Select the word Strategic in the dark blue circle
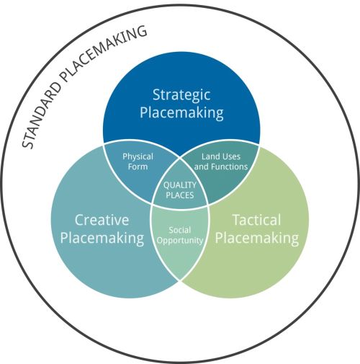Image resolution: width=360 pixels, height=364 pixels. pos(181,94)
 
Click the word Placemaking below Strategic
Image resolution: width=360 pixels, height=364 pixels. pos(181,113)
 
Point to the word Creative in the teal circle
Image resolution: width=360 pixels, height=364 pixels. pos(102,219)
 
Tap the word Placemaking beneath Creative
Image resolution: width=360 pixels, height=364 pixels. pos(102,238)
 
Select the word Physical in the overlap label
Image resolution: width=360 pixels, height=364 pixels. pos(138,155)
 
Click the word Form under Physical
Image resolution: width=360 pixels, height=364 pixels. pos(138,167)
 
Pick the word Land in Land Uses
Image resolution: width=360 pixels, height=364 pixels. pos(211,155)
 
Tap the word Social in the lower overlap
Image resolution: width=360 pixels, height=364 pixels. pos(179,230)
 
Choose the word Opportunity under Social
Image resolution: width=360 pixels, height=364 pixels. pos(179,241)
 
